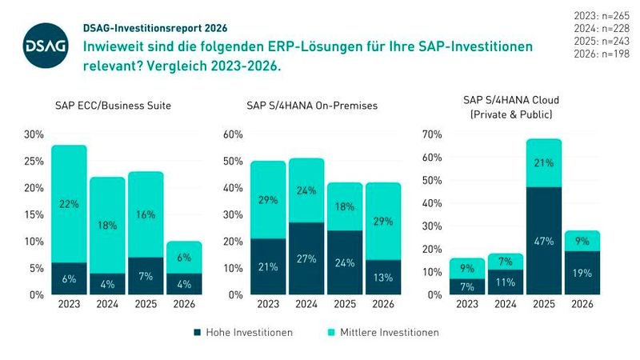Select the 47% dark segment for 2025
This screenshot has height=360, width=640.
tap(544, 240)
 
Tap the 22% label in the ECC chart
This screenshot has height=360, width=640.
tap(69, 205)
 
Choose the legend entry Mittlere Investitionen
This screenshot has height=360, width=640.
tap(388, 331)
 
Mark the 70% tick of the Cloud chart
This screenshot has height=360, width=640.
tap(430, 134)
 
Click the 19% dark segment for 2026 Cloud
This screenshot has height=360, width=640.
tap(582, 273)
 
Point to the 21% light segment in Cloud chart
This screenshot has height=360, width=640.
tap(544, 164)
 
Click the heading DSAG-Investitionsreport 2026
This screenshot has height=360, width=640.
tap(148, 27)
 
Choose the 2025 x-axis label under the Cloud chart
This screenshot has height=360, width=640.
tap(544, 305)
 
